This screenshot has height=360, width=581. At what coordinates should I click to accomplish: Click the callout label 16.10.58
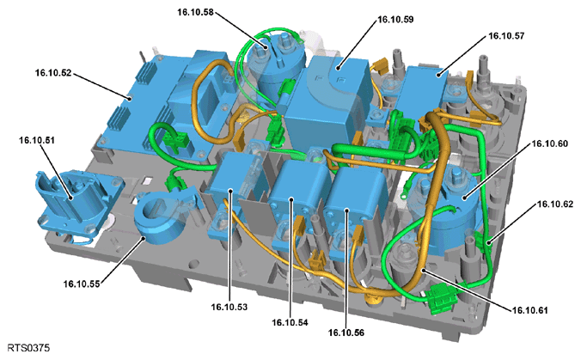195,12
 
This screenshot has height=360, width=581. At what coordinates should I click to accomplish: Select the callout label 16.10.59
395,19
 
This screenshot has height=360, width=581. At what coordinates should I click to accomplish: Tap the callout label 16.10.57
506,36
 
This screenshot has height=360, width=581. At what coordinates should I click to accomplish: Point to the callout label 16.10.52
53,73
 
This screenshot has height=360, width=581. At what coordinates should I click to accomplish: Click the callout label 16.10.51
37,140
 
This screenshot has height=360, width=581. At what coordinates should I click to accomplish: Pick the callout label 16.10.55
82,284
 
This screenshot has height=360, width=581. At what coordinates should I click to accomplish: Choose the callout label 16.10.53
229,307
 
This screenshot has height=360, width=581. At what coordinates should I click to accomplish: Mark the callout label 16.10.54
290,322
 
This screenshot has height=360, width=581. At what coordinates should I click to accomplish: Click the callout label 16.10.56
346,333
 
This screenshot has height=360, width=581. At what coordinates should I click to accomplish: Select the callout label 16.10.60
549,143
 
